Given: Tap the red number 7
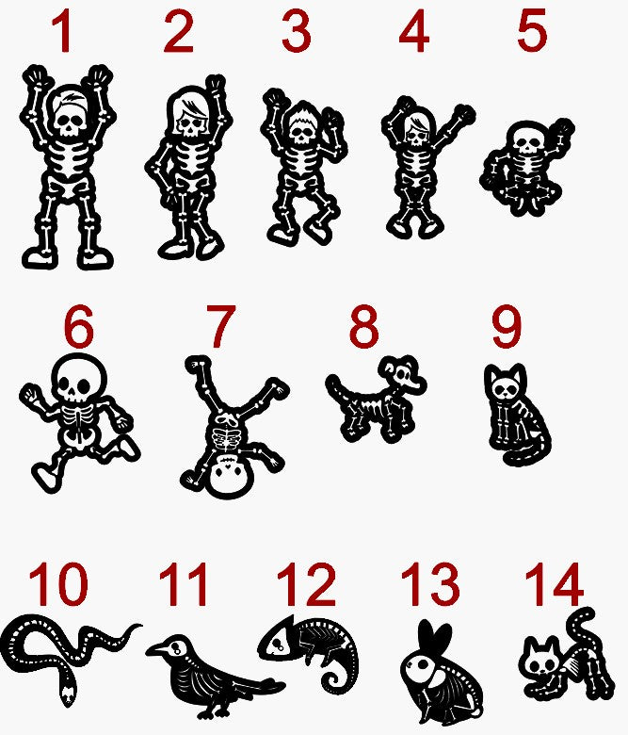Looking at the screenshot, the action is point(220,326).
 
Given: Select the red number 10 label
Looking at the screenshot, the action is point(58,584).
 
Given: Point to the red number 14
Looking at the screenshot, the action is point(554,584).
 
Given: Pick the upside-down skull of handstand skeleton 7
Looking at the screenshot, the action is point(231,475).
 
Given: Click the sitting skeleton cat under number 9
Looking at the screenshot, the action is point(516,415).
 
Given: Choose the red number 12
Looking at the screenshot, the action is point(306,584).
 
